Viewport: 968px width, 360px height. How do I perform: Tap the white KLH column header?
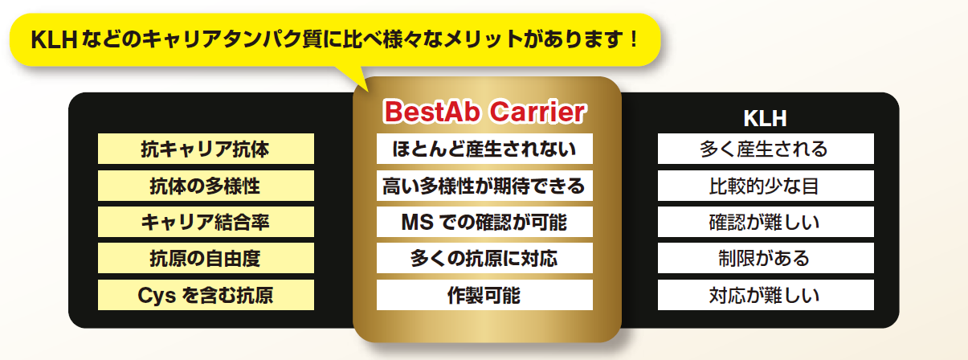pos(765,118)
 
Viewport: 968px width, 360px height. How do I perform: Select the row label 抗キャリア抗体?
pos(206,149)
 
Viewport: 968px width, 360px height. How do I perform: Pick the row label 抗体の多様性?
pos(206,186)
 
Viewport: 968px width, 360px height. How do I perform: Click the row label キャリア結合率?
pos(206,222)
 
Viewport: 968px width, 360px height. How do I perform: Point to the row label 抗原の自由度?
pos(206,258)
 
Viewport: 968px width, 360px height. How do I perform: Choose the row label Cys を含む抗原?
pos(206,295)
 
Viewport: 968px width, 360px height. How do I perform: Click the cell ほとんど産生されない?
pos(484,149)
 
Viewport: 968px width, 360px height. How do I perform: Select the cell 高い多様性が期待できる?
pos(484,186)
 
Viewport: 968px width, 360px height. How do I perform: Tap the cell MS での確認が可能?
pos(484,222)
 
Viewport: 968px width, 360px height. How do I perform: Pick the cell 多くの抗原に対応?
pos(484,258)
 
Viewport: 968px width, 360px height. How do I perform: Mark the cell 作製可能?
pos(484,295)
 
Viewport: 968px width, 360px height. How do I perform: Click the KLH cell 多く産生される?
pos(766,149)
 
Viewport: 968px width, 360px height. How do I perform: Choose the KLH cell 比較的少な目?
pos(766,186)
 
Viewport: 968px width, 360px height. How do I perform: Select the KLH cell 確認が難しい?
pos(766,222)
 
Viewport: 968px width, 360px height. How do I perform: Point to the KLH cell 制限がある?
pos(766,258)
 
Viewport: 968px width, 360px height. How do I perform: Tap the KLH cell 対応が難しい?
pos(766,295)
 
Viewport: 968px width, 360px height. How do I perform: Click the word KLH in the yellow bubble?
pos(54,39)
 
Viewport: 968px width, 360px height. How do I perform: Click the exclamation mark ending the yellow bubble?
pos(634,39)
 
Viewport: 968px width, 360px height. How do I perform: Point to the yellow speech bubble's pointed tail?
pos(367,91)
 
